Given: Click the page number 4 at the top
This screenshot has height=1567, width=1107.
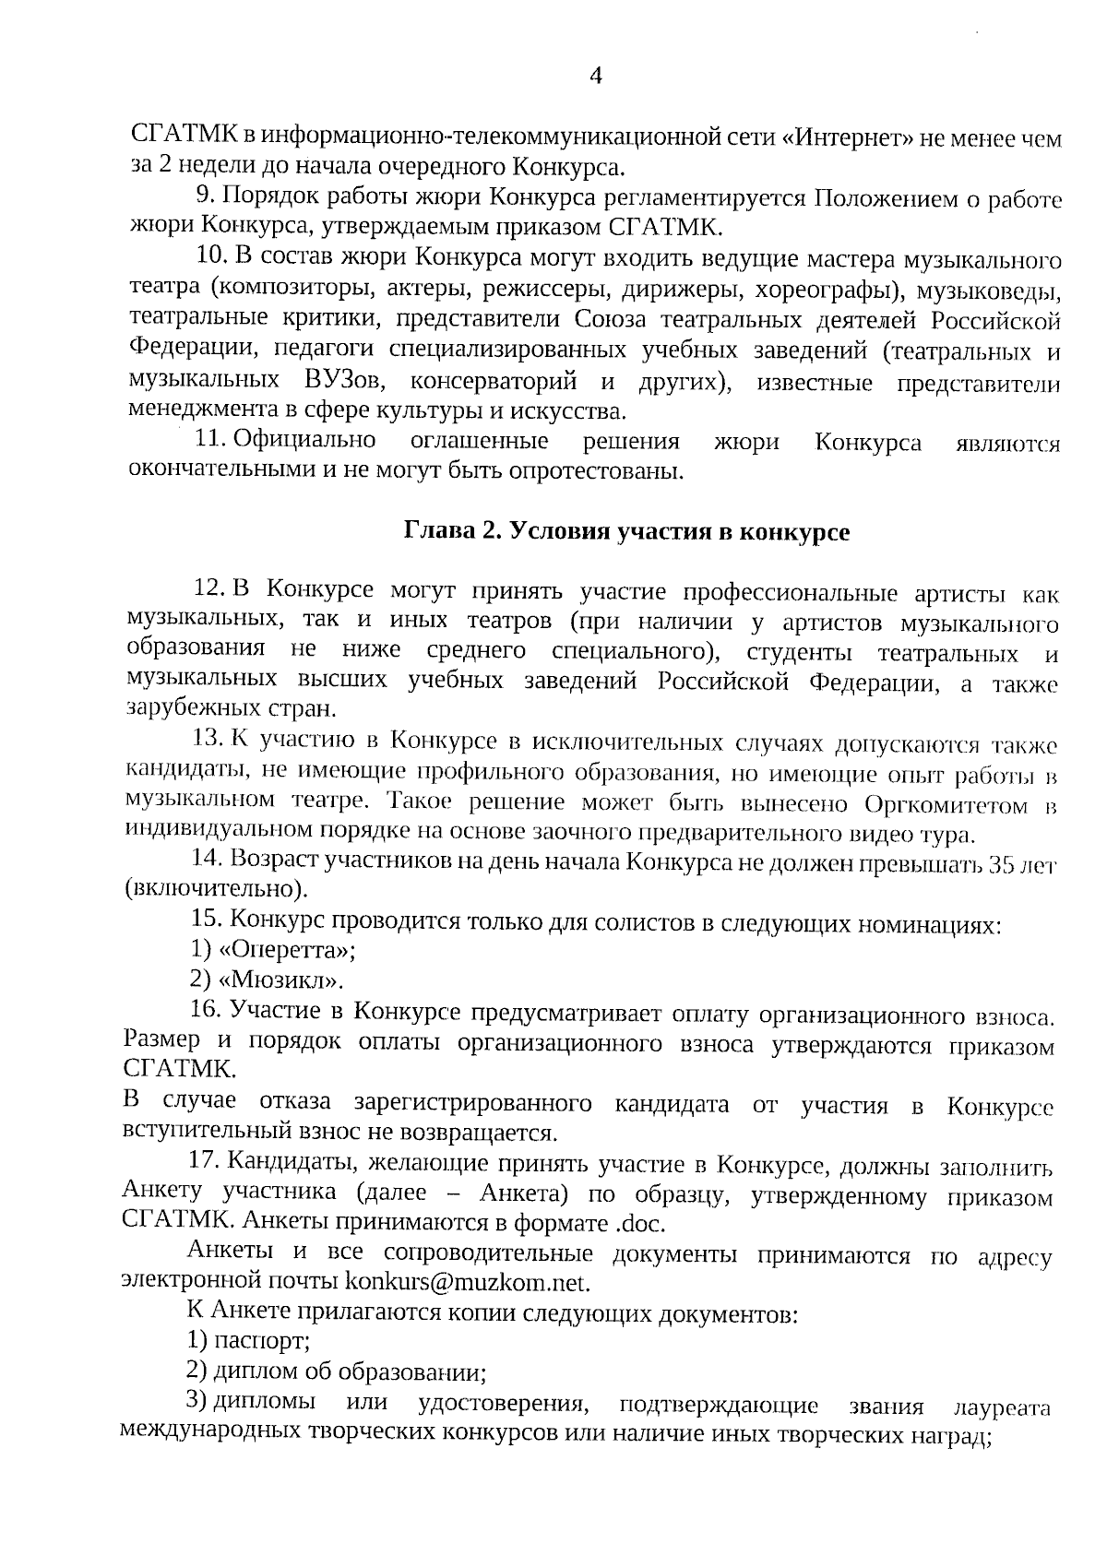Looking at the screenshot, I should (595, 77).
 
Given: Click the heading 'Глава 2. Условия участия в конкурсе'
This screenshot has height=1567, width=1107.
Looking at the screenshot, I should (625, 531).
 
